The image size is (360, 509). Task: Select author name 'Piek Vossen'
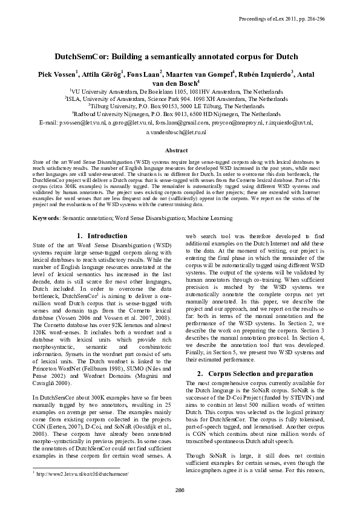tap(54, 73)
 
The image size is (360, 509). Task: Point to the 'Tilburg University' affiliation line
tap(180, 105)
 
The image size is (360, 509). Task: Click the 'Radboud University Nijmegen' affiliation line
tap(180, 113)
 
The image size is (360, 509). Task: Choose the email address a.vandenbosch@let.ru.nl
tap(180, 131)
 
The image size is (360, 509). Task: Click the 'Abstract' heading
tap(180, 149)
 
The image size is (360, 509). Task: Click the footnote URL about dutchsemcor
tap(83, 474)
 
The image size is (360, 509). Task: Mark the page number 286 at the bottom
tap(180, 489)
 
